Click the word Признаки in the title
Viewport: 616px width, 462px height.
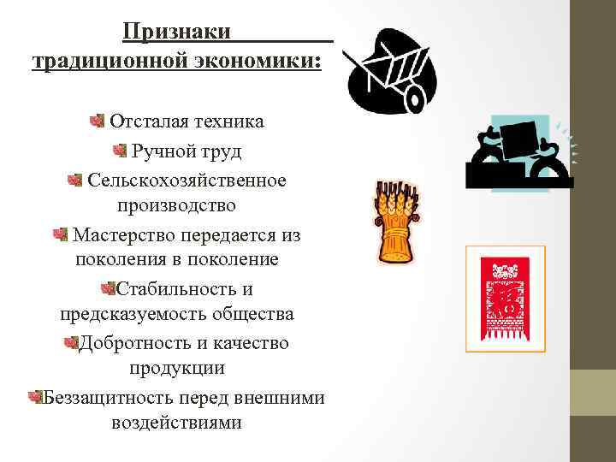click(176, 32)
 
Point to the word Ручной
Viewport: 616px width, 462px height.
click(162, 151)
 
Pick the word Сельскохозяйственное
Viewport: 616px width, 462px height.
click(187, 181)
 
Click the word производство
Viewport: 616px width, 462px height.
click(177, 205)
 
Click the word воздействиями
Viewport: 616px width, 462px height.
click(176, 423)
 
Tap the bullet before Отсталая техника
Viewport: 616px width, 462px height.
click(98, 121)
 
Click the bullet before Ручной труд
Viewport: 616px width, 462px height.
click(120, 151)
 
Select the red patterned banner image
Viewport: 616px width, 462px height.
click(504, 299)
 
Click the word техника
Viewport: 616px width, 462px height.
click(229, 121)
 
